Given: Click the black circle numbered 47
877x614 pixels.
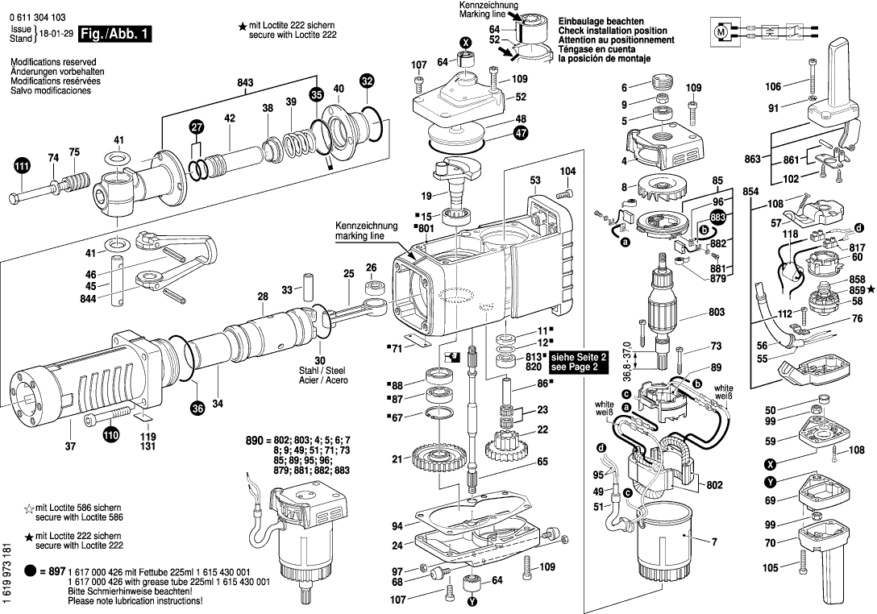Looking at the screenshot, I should tap(521, 134).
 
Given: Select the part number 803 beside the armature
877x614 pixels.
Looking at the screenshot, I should tap(716, 311).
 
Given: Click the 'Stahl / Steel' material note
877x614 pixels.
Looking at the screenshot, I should tap(321, 371).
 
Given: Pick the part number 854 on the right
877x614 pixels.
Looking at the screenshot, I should tap(751, 191).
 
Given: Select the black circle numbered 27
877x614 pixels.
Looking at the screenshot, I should tap(197, 127).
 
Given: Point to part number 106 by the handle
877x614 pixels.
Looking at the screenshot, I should tap(773, 87).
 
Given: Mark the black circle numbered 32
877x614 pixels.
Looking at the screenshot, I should tap(367, 81).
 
